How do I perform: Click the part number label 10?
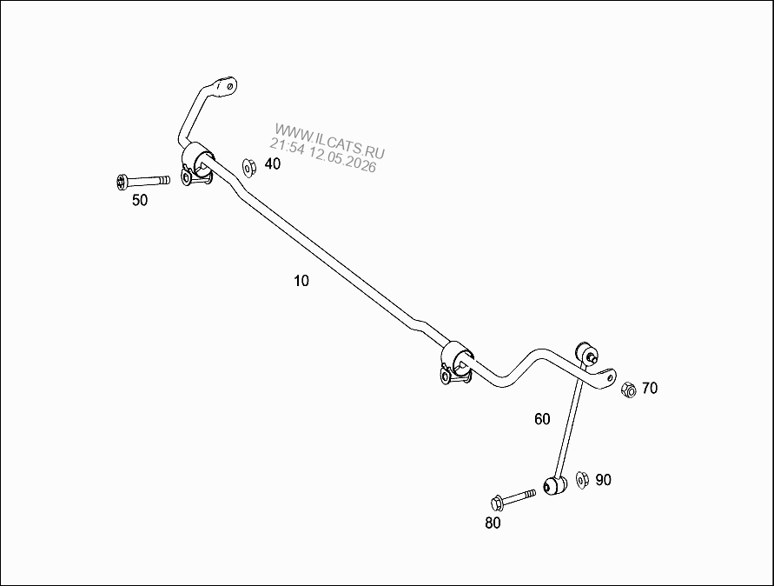(x=301, y=281)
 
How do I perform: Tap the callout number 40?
(x=273, y=163)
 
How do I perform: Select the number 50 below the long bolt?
(x=140, y=200)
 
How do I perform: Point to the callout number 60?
(x=542, y=419)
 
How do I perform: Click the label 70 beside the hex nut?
(x=650, y=389)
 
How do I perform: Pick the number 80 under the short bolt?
(x=493, y=523)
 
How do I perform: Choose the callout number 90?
(x=603, y=480)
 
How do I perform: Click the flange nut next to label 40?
(x=248, y=167)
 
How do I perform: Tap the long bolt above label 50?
(x=143, y=182)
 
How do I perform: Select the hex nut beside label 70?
(x=628, y=390)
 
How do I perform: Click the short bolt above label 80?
(x=513, y=499)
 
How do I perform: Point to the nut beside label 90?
(x=583, y=480)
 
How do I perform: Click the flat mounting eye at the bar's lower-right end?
(x=605, y=378)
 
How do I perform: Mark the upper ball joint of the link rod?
(x=587, y=352)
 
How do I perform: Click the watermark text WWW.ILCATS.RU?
(x=330, y=139)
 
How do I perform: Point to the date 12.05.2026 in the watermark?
(x=342, y=159)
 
